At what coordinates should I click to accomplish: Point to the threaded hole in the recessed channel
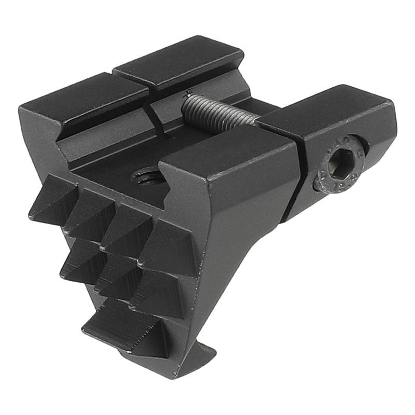point(146,177)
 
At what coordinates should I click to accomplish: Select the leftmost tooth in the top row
point(52,200)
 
